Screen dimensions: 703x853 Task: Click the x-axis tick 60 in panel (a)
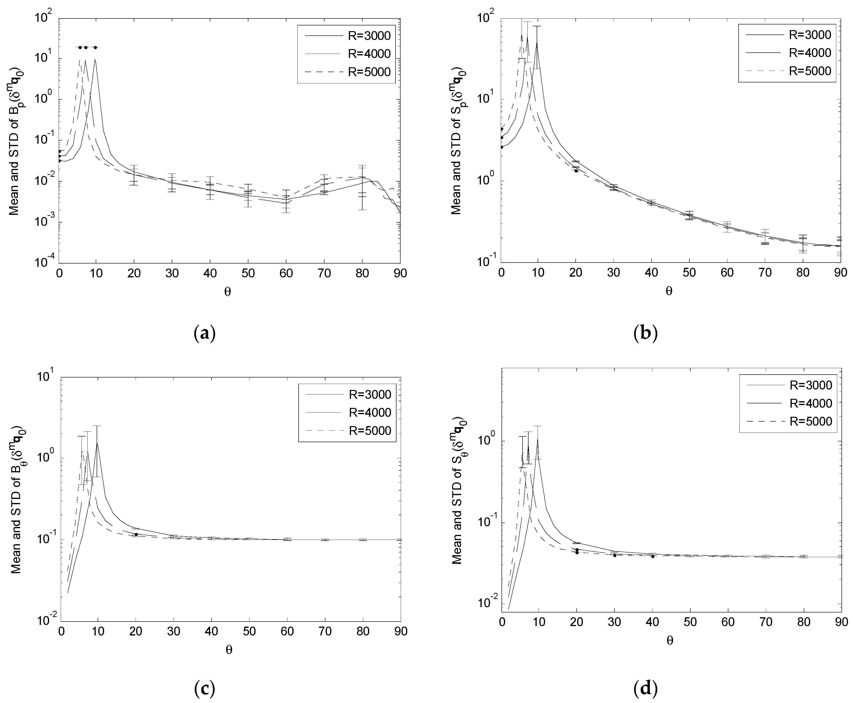(286, 273)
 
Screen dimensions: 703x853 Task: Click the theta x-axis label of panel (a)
(228, 292)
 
